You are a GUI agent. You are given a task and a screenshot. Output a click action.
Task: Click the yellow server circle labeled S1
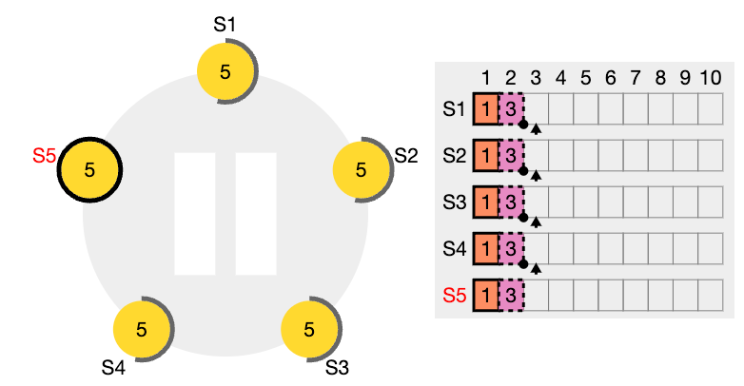point(225,72)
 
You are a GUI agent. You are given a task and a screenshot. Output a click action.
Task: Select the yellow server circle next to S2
point(362,170)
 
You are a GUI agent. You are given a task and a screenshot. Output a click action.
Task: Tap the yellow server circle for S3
point(309,329)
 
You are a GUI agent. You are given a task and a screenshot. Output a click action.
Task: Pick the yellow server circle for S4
point(142,329)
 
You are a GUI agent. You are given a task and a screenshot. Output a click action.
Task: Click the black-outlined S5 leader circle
point(89,170)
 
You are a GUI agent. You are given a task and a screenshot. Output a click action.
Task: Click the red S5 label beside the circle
point(44,156)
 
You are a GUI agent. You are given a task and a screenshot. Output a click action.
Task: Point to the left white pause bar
point(195,214)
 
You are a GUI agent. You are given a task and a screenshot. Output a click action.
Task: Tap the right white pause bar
point(256,214)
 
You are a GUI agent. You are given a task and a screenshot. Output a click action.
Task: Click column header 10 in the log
point(711,78)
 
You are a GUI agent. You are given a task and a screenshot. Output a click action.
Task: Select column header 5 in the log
point(585,78)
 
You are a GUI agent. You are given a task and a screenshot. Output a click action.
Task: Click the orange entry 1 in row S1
point(486,109)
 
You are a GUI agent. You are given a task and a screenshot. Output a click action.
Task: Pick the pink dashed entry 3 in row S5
point(511,296)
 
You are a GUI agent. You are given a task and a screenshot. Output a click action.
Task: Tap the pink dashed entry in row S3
point(511,203)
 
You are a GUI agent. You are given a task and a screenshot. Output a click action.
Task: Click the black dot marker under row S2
point(523,171)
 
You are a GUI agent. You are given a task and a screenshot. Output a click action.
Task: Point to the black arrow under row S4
point(536,269)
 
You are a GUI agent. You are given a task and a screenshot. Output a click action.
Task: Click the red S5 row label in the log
point(455,296)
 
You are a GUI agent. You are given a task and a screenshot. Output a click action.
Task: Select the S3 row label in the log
point(455,203)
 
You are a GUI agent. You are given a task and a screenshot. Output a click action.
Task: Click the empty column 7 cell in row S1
point(636,109)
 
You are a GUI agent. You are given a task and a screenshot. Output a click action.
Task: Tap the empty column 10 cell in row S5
point(711,296)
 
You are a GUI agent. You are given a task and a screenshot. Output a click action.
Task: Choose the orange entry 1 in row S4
point(486,249)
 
